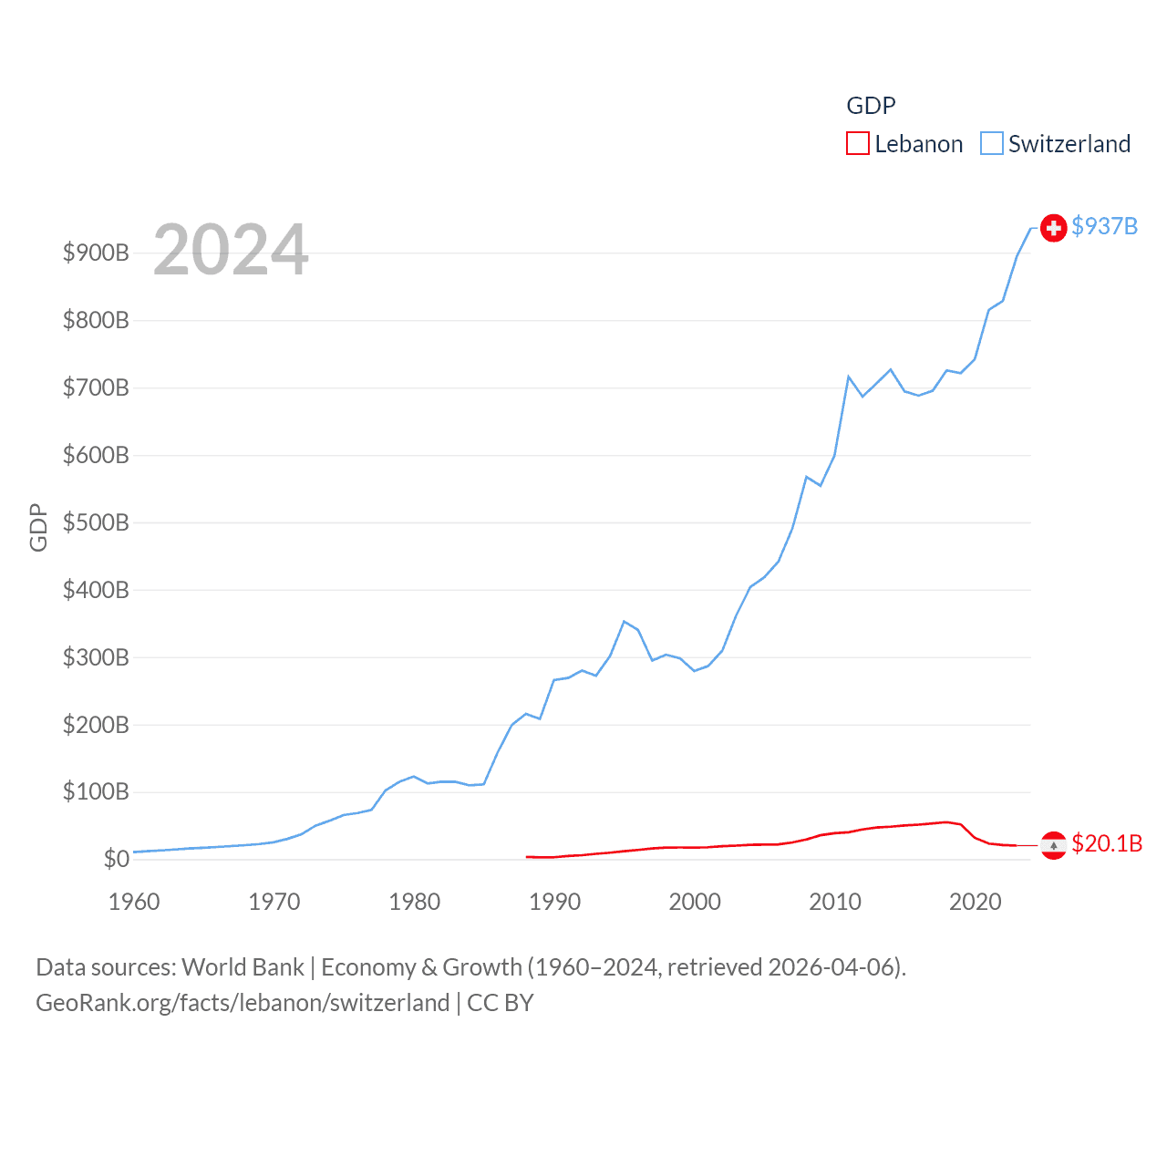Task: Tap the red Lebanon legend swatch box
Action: coord(857,143)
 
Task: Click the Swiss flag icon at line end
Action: coord(1053,227)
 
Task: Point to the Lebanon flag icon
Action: coord(1053,845)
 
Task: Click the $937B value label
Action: coord(1104,226)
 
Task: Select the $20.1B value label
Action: coord(1107,843)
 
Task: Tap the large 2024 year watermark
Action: coord(231,250)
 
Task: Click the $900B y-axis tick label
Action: coord(96,253)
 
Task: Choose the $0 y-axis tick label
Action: coord(116,859)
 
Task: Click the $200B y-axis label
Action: coord(96,725)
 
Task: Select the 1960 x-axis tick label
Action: coord(134,902)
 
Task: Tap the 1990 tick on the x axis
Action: coord(554,902)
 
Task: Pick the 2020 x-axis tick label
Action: coord(975,902)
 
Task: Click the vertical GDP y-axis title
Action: coord(38,527)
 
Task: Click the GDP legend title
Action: coord(871,106)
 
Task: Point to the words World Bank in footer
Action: coord(243,966)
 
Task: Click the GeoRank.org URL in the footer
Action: coord(243,1003)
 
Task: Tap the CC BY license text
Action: coord(500,1003)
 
